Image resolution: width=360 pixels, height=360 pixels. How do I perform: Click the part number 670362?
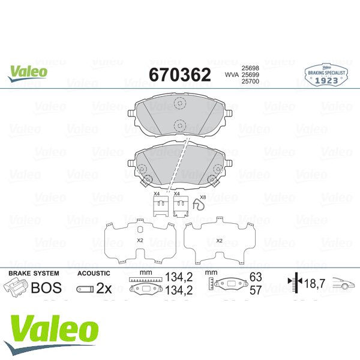(x=179, y=74)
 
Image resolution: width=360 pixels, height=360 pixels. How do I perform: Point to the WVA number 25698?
(x=250, y=67)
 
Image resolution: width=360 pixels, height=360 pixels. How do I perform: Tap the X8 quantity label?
(x=202, y=197)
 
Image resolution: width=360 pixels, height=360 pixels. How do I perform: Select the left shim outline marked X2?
(x=140, y=241)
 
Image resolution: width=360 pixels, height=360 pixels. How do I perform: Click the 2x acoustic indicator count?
(x=104, y=288)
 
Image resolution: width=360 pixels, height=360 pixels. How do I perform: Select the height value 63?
(x=256, y=278)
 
